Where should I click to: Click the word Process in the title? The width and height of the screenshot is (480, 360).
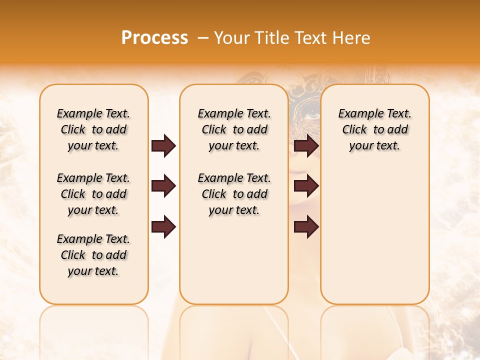tap(154, 38)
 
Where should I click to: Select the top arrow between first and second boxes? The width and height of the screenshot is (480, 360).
tap(163, 145)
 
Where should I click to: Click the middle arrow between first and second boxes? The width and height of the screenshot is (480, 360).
tap(163, 186)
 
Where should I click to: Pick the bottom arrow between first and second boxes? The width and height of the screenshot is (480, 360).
tap(163, 227)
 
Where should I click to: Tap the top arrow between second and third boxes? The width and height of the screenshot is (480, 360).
tap(306, 145)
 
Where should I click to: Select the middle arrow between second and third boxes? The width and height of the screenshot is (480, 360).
tap(306, 186)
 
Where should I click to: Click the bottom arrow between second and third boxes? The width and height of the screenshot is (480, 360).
tap(306, 227)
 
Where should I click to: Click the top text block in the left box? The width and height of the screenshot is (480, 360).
tap(93, 129)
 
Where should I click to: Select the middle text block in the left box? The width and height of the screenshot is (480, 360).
tap(93, 194)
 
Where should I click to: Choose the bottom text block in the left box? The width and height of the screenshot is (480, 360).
tap(93, 255)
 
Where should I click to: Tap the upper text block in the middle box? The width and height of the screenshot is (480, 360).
tap(234, 129)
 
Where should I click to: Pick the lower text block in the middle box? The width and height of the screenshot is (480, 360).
tap(234, 194)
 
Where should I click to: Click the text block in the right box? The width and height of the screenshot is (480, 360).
tap(374, 129)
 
